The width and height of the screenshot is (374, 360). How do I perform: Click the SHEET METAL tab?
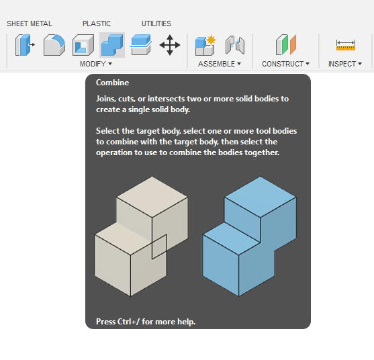click(30, 24)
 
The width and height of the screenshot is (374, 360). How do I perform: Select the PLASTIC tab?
click(97, 24)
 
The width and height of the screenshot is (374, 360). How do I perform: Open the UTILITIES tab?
click(156, 24)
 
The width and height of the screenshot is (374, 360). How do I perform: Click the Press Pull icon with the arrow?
click(25, 45)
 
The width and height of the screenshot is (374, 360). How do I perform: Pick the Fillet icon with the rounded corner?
click(54, 45)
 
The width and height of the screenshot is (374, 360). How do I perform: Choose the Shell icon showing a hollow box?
click(83, 45)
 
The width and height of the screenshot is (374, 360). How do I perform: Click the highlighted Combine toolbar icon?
click(112, 45)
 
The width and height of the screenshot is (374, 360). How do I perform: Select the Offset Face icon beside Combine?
click(141, 45)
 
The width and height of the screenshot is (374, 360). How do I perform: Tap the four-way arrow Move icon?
click(170, 45)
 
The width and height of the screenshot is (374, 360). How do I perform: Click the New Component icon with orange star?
click(205, 45)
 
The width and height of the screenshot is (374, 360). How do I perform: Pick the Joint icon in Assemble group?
click(235, 45)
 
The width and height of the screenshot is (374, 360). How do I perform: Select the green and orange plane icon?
click(286, 45)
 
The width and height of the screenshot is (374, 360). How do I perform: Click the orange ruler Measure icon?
click(346, 45)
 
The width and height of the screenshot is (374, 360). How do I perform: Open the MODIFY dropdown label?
click(96, 64)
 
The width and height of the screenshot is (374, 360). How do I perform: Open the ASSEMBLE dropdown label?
click(220, 64)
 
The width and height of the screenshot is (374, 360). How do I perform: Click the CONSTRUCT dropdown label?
click(286, 64)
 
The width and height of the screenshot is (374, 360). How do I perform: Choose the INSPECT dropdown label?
click(345, 64)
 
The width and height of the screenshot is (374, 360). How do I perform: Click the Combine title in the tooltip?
click(112, 83)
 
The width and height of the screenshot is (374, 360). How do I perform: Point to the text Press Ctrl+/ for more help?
click(146, 322)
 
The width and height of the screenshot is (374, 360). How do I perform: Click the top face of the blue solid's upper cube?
click(261, 197)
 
